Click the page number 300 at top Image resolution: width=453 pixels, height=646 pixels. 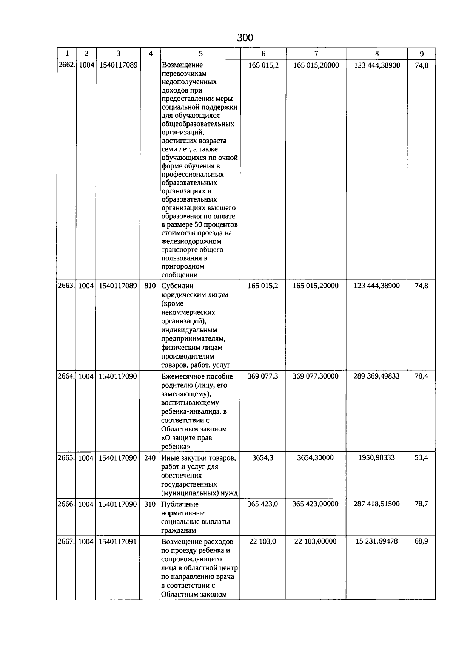click(x=245, y=38)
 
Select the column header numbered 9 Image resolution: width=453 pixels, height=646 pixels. click(x=421, y=54)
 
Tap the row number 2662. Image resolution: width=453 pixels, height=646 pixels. click(x=66, y=65)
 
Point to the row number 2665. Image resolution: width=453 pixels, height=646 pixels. click(x=66, y=458)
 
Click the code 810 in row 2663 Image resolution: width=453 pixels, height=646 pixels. click(x=150, y=286)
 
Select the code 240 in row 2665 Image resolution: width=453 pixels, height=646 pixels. click(x=150, y=458)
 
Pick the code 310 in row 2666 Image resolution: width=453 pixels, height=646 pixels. click(x=150, y=504)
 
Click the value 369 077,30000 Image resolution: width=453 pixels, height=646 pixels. click(x=316, y=376)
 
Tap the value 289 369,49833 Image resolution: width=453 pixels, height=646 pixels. click(x=376, y=376)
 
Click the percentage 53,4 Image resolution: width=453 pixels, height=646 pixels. click(x=421, y=458)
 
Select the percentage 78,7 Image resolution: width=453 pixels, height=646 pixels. click(x=421, y=504)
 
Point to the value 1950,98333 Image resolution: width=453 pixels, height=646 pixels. click(x=376, y=458)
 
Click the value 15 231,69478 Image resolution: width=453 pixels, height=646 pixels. click(x=376, y=541)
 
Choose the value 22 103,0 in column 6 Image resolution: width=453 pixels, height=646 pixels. click(x=263, y=541)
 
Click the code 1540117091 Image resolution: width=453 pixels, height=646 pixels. click(x=118, y=541)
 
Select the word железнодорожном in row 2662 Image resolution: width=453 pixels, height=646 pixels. click(x=191, y=241)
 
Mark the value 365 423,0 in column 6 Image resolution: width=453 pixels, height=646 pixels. click(x=263, y=504)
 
